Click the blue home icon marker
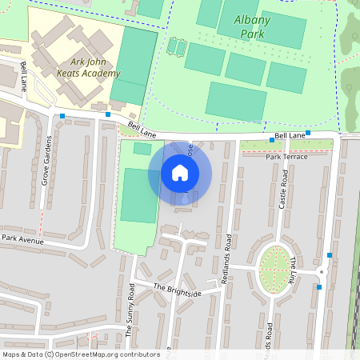coord(180,173)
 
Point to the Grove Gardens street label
coord(46,161)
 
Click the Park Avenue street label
coord(22,238)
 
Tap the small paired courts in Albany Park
coord(176,48)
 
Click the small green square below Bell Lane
coord(142,149)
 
